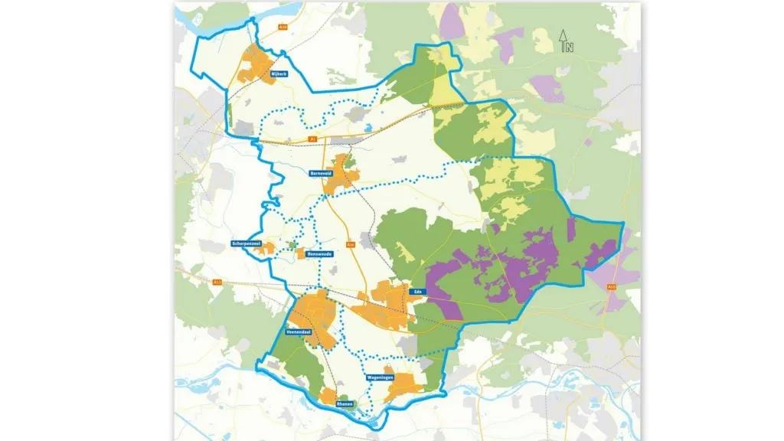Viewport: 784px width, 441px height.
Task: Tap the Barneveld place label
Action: (x=320, y=174)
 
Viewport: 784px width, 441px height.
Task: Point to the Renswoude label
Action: (x=317, y=253)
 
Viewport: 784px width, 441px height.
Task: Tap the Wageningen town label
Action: (x=379, y=378)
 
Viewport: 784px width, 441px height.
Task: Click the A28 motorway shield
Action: (x=283, y=27)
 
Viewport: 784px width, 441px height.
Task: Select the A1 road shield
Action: (x=312, y=139)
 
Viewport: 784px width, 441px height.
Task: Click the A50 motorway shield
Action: (x=612, y=287)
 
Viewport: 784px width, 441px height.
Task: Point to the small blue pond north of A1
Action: (x=369, y=127)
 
